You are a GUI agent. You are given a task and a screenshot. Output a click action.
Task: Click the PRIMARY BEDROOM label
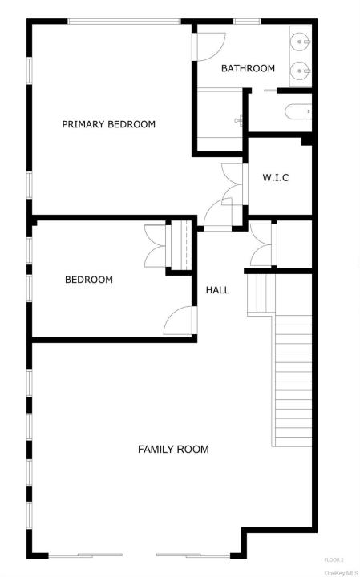pos(108,124)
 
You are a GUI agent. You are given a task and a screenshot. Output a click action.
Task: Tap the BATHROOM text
pos(248,68)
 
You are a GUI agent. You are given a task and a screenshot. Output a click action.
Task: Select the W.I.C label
pos(276,178)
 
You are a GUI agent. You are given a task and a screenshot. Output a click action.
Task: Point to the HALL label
pos(217,290)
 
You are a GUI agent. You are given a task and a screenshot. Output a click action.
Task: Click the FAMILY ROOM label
pos(173,449)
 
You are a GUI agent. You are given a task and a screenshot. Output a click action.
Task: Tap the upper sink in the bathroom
pos(301,42)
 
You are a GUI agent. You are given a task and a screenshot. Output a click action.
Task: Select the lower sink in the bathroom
pos(301,71)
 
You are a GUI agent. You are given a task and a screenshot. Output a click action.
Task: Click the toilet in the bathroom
pos(298,111)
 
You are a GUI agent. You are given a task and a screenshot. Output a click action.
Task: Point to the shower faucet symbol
pos(239,119)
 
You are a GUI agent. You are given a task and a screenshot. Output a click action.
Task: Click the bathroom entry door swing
pos(209,46)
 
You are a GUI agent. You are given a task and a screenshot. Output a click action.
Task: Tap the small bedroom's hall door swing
pos(180,321)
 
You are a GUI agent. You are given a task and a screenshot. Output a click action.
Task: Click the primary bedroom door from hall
pos(218,215)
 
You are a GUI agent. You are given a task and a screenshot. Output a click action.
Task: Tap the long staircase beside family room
pos(293,381)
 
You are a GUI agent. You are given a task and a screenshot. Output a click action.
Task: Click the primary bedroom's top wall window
pos(124,22)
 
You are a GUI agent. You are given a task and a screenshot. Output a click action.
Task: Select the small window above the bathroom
pos(247,22)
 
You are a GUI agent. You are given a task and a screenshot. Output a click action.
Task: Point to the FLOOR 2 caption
pos(334,560)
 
